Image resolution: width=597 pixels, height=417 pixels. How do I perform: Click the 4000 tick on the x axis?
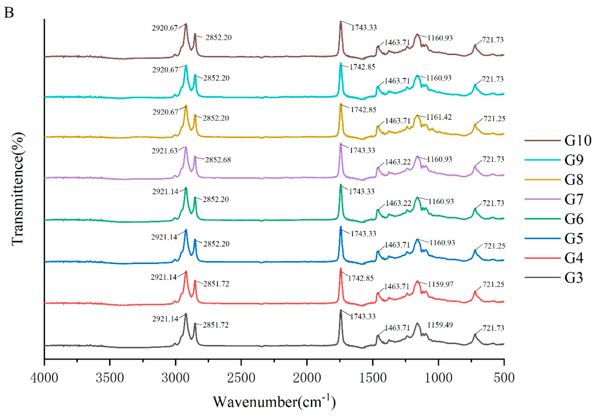(x=44, y=377)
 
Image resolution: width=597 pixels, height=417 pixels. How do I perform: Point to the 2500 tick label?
(x=241, y=377)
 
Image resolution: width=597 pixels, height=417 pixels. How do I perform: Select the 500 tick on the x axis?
(x=504, y=377)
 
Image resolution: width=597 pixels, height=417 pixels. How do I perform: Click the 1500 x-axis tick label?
(x=373, y=377)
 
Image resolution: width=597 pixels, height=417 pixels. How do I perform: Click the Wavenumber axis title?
(x=274, y=402)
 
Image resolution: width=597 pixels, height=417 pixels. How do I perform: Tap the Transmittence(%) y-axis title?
(x=18, y=189)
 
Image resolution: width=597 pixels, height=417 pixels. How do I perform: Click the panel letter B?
(x=9, y=12)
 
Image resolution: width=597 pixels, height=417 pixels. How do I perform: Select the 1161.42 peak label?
(x=439, y=117)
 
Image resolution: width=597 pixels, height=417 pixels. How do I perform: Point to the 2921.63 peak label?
(x=165, y=151)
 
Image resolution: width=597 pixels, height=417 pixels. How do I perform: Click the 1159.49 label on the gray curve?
(x=440, y=325)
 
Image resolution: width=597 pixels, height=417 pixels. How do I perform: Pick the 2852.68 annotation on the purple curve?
(x=218, y=160)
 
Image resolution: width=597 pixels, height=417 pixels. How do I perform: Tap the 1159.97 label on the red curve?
(x=441, y=284)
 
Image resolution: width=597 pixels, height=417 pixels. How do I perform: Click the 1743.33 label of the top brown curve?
(x=364, y=27)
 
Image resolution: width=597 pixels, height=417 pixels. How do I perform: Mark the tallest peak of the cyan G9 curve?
(x=341, y=64)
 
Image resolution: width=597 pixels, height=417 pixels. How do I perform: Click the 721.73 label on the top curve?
(x=493, y=40)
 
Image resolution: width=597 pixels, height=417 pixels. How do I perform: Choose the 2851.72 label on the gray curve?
(x=216, y=325)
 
